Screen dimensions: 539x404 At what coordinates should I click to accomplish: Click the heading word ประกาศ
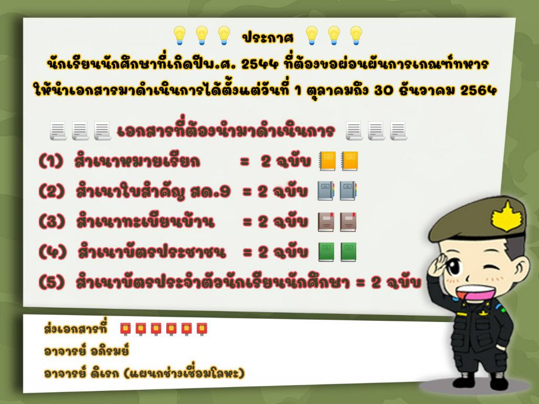click(268, 37)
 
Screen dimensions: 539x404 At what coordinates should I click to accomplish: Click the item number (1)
click(51, 161)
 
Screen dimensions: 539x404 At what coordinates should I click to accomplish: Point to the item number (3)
click(52, 221)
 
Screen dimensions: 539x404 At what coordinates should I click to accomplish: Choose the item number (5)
click(52, 282)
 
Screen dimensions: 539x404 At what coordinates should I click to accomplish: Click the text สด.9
click(211, 191)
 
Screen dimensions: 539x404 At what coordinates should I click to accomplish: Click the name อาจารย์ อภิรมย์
click(87, 351)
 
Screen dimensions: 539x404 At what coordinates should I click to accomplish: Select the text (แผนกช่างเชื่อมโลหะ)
click(184, 373)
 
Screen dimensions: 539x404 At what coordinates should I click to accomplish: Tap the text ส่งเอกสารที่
click(76, 328)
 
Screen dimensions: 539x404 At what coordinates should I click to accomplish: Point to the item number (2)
click(52, 191)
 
